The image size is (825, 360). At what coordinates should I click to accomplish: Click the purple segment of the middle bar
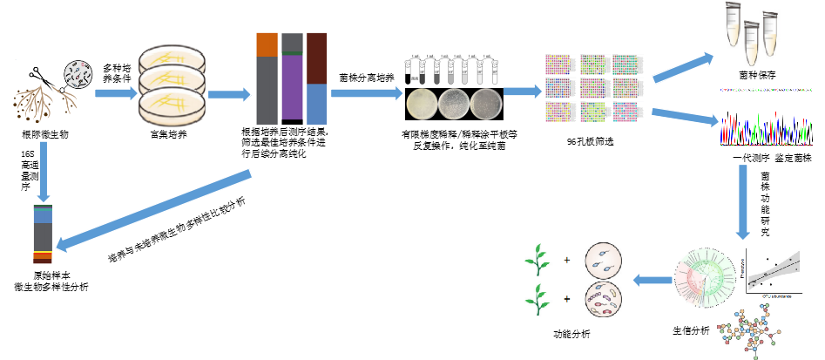292,87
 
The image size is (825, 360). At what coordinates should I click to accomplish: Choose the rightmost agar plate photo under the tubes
487,104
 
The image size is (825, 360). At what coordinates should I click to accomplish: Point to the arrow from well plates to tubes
684,67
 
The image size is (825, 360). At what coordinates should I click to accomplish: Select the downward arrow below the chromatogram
743,201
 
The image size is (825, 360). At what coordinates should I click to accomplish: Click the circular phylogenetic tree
705,277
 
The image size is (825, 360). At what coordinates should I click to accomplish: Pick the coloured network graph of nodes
750,330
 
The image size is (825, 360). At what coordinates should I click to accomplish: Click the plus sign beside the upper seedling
567,261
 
